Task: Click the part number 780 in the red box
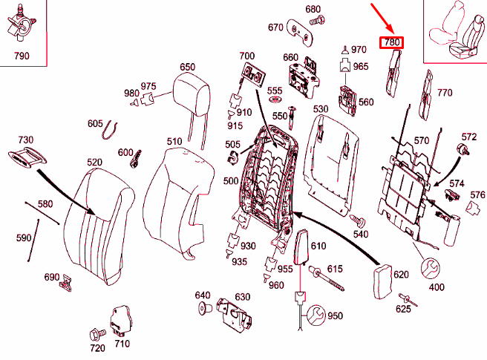pos(391,43)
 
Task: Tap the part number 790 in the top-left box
pos(22,56)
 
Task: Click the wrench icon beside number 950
pos(315,315)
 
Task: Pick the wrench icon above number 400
pos(431,268)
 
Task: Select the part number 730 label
pos(25,140)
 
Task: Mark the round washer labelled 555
pos(274,101)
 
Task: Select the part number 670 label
pos(275,27)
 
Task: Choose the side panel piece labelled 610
pos(300,248)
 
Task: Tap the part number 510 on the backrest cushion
pos(174,141)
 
